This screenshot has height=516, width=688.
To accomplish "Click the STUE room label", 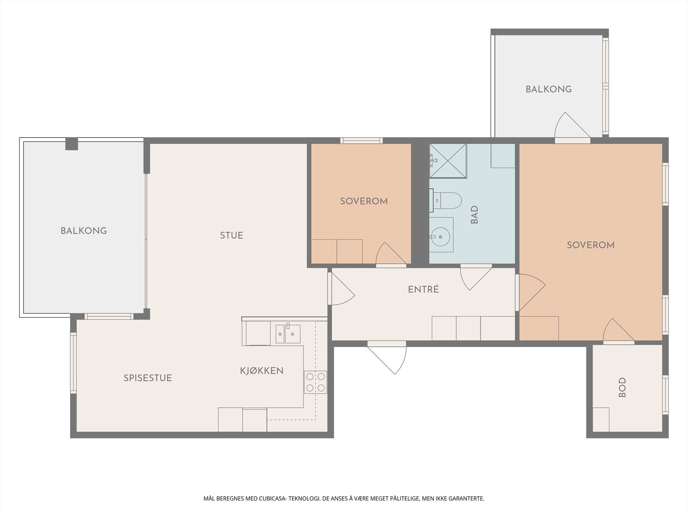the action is pyautogui.click(x=231, y=235).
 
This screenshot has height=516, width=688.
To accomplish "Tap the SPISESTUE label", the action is pyautogui.click(x=147, y=378).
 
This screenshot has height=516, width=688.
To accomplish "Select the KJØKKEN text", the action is pyautogui.click(x=262, y=371).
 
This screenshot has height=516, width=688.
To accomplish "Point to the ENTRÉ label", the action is pyautogui.click(x=423, y=289).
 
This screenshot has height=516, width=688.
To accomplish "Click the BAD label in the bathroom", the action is pyautogui.click(x=475, y=215).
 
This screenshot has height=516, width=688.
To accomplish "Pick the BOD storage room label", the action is pyautogui.click(x=622, y=387).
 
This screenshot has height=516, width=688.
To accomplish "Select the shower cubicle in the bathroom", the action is pyautogui.click(x=448, y=160).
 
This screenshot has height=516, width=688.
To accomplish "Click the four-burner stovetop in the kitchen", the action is pyautogui.click(x=315, y=382).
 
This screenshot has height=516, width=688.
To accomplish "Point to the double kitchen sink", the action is pyautogui.click(x=288, y=334).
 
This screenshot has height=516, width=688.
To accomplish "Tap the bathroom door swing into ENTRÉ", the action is pyautogui.click(x=476, y=277).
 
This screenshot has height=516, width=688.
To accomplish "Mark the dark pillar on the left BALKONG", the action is pyautogui.click(x=71, y=144).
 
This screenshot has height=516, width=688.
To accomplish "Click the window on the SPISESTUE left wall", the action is pyautogui.click(x=74, y=363).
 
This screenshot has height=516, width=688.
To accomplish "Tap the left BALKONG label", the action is pyautogui.click(x=84, y=231).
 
